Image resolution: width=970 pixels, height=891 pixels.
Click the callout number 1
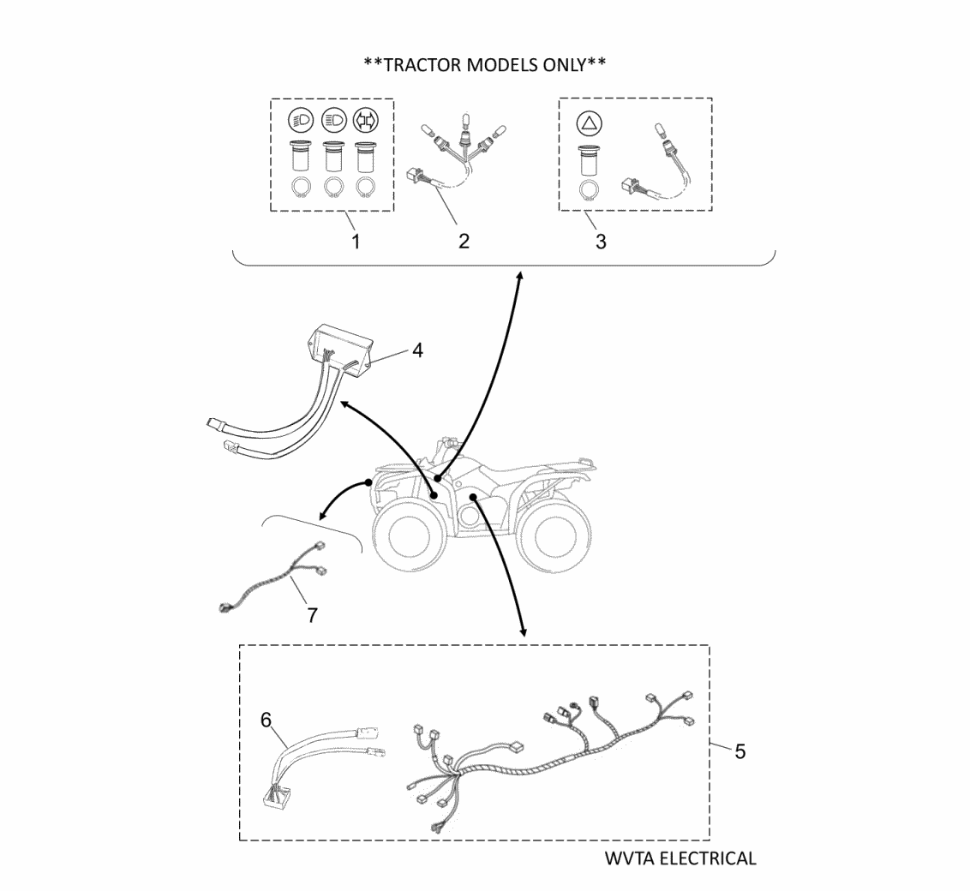point(356,241)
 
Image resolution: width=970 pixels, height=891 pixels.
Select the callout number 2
point(464,241)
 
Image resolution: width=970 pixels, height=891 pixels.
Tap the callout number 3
point(601,242)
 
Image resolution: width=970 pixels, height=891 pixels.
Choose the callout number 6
point(266,720)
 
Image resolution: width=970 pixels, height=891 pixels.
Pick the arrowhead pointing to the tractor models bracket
point(519,274)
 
